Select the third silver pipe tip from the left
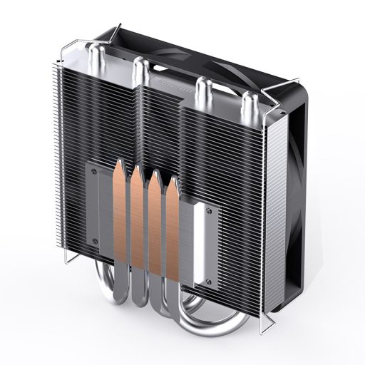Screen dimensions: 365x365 coord(202,86)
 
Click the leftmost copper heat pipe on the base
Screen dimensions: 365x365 coord(118,214)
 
